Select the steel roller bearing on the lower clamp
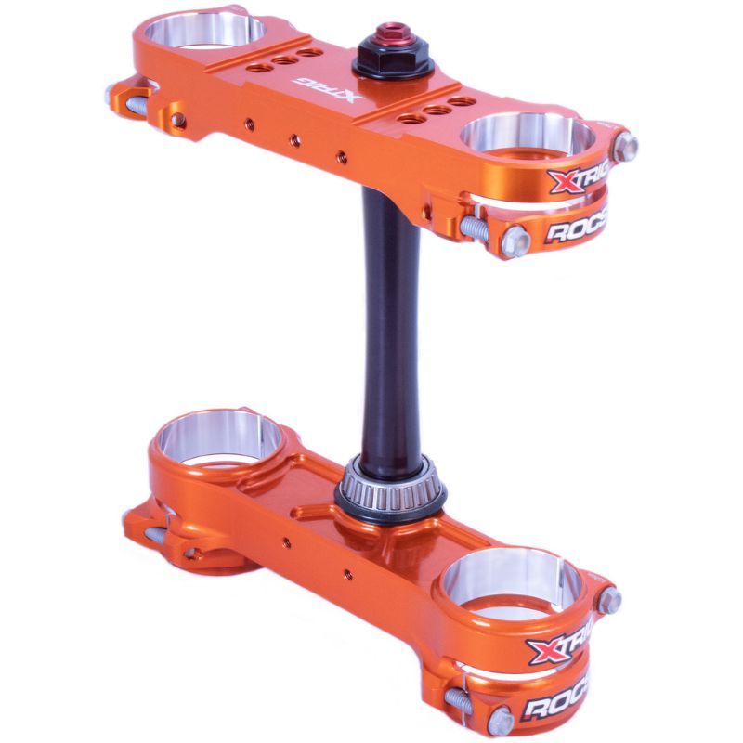pyautogui.click(x=391, y=481)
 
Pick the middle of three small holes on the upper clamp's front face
pyautogui.click(x=294, y=140)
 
